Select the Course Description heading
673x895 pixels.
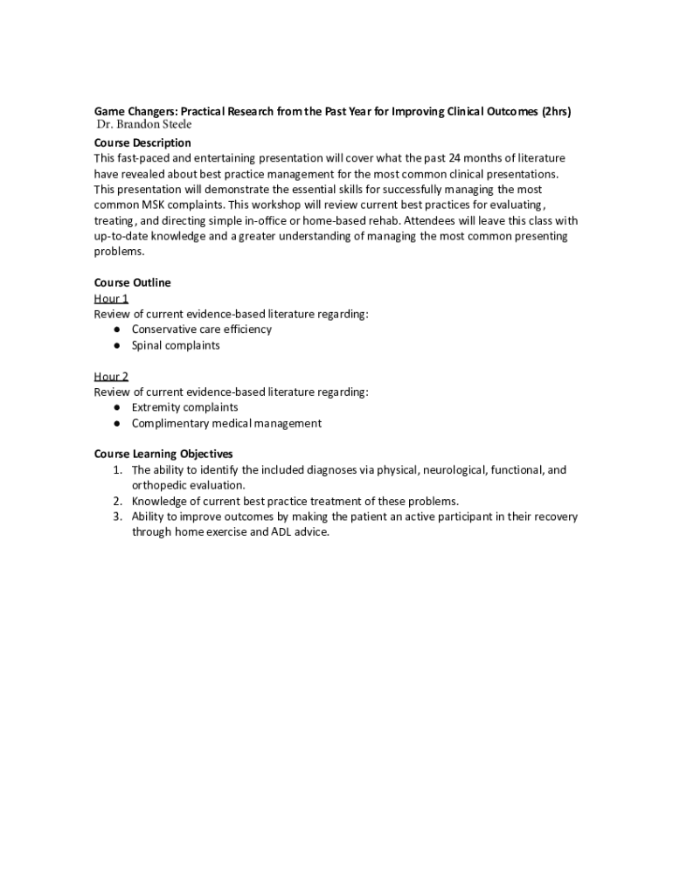(142, 142)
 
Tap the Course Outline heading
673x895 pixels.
(132, 282)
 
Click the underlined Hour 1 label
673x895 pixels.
(111, 299)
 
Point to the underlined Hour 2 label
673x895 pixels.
(111, 377)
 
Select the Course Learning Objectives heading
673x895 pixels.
(163, 454)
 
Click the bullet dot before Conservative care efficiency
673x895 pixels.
(116, 330)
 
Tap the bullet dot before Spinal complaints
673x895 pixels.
(116, 345)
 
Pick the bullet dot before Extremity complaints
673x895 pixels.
(116, 408)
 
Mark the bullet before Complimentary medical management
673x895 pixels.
(116, 424)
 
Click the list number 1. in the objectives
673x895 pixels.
(116, 470)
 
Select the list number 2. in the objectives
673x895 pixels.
(116, 502)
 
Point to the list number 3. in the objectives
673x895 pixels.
(116, 517)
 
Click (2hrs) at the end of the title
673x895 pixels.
(557, 112)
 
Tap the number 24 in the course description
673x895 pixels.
(456, 158)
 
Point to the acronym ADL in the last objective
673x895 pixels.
(263, 532)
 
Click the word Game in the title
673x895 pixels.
(109, 112)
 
